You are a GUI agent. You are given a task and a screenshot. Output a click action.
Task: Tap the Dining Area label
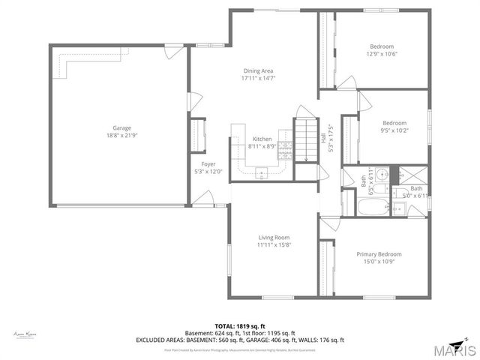point(257,70)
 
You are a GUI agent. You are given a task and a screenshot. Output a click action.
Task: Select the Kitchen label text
point(262,139)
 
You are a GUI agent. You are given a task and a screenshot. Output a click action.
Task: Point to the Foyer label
point(208,164)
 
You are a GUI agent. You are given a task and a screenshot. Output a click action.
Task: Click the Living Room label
point(274,238)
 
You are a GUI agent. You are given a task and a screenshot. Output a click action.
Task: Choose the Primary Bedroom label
point(379,254)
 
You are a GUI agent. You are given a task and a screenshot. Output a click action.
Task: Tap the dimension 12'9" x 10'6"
point(381,54)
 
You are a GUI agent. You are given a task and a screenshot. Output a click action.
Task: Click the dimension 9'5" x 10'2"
point(394,130)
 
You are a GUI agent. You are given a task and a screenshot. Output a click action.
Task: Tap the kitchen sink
point(262,174)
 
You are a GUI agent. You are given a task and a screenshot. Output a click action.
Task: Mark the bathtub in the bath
point(373,208)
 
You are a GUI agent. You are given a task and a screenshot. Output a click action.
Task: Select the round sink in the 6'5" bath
point(382,175)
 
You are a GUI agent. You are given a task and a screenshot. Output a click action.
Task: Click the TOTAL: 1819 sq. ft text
point(240,327)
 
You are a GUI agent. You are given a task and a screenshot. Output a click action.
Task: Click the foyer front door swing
point(203,200)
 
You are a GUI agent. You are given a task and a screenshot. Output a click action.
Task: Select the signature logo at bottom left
point(25,334)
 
